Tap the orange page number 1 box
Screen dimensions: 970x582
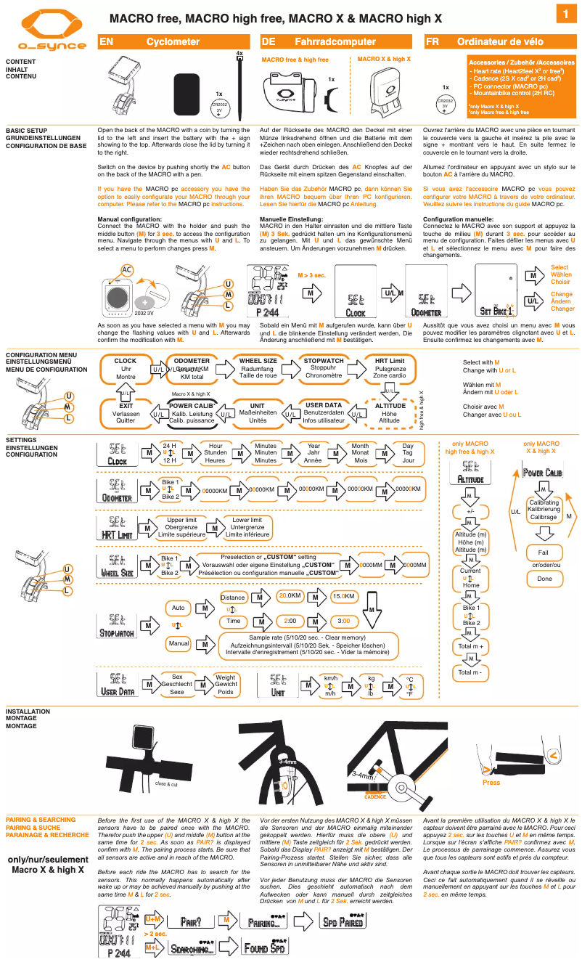coord(566,15)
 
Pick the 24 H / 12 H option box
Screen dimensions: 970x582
coord(169,453)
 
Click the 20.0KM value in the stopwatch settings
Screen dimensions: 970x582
coord(290,596)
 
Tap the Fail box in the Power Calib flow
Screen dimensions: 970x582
coord(543,553)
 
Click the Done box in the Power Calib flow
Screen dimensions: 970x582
coord(544,579)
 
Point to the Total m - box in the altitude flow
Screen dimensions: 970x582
coord(470,672)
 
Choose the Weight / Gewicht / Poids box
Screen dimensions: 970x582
coord(225,684)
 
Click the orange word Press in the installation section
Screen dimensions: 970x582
coord(491,783)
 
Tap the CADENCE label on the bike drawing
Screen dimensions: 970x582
coord(374,796)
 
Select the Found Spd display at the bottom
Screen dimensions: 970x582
coord(266,947)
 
